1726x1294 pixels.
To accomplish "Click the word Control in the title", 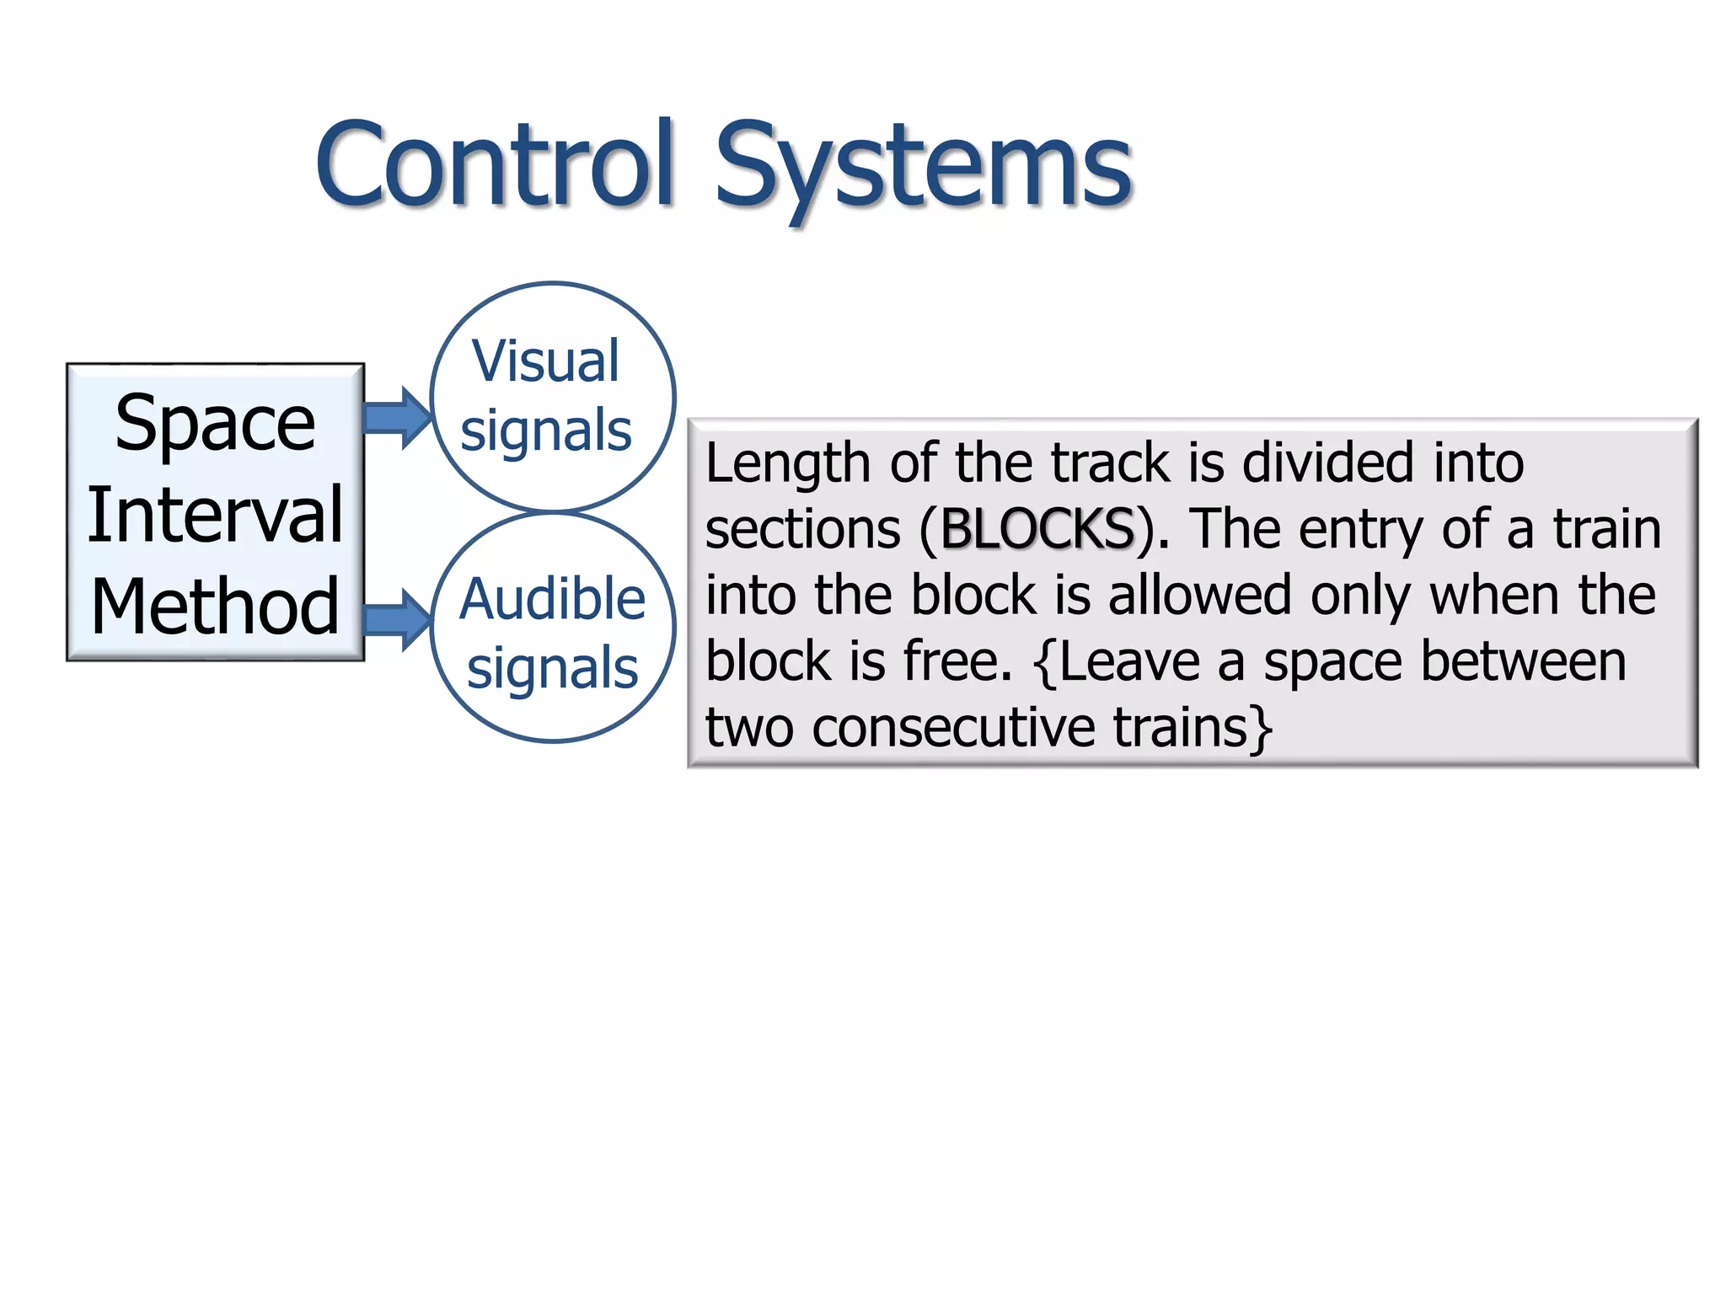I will click(496, 164).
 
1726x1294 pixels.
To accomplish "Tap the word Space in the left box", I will click(215, 423).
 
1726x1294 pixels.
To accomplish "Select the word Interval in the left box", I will click(215, 515).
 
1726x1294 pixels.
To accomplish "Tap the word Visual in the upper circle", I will click(546, 361).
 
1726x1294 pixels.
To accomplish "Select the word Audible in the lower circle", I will click(552, 599).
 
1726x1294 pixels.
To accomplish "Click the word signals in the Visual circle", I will click(546, 431).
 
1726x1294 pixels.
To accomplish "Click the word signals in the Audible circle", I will click(553, 669).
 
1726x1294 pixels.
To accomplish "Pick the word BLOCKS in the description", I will click(1037, 529).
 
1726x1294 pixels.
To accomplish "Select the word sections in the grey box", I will click(802, 529).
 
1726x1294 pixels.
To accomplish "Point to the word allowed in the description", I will click(1199, 595).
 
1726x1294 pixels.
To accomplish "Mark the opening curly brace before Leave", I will click(1045, 662).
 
